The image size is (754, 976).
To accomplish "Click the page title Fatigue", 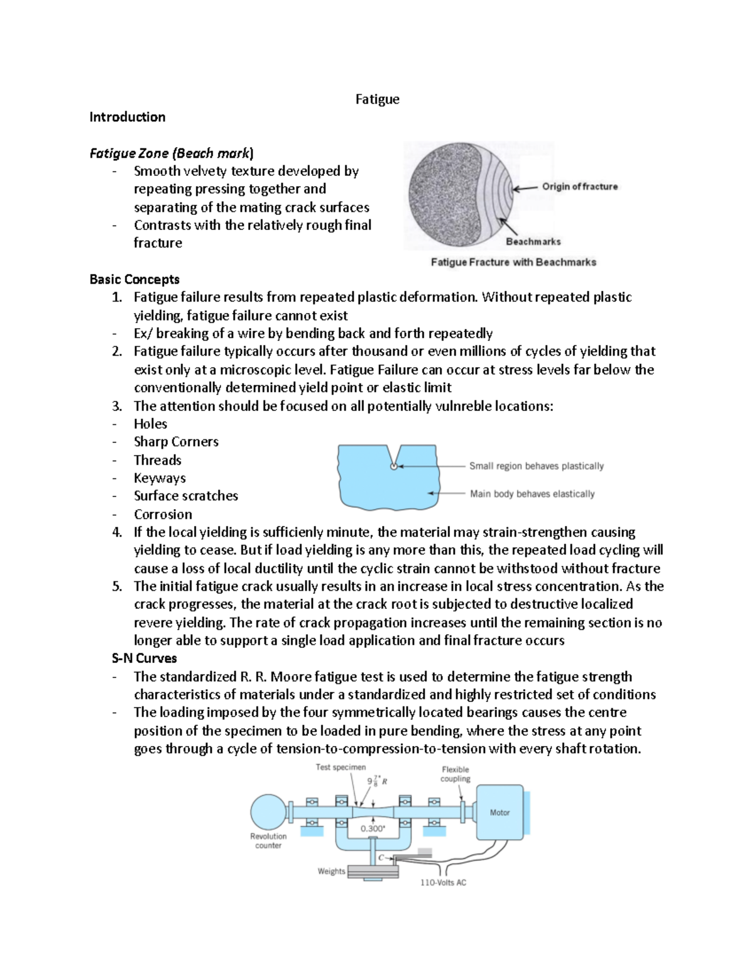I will (x=377, y=99).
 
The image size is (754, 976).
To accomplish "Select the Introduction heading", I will (x=127, y=117).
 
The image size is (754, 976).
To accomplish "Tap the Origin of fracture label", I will (x=579, y=187).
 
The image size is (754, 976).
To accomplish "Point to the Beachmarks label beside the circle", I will (x=533, y=241).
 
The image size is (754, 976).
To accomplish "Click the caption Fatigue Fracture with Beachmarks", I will (x=513, y=262).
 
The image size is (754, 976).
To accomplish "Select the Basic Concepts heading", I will (x=134, y=279).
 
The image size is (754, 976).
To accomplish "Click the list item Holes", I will (x=150, y=424).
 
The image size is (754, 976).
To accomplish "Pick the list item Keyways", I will (x=160, y=478).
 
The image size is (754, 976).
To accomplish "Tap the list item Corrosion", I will (x=163, y=514).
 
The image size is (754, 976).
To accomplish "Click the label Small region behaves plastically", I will (x=536, y=466).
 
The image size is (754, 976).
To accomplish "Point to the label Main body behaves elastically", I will (x=532, y=494).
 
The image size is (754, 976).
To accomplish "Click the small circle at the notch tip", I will (x=394, y=466).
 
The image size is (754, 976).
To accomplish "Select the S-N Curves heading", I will (x=144, y=658).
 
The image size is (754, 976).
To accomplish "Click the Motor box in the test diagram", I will (x=500, y=812).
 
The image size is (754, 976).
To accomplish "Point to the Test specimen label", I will (x=341, y=767).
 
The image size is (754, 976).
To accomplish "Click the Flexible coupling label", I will (x=455, y=774).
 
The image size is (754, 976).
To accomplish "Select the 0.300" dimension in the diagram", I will (x=373, y=828).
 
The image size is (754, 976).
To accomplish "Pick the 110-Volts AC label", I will (x=443, y=882).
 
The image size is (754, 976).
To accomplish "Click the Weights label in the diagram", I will (x=331, y=871).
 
